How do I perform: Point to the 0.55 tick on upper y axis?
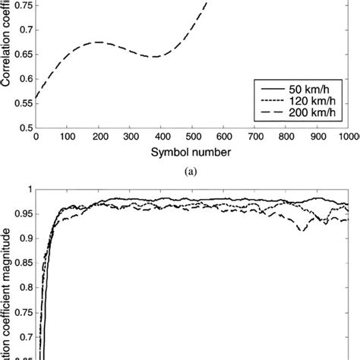pyautogui.click(x=22, y=103)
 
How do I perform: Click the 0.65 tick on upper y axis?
pyautogui.click(x=22, y=54)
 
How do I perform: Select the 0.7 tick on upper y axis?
pyautogui.click(x=24, y=30)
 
